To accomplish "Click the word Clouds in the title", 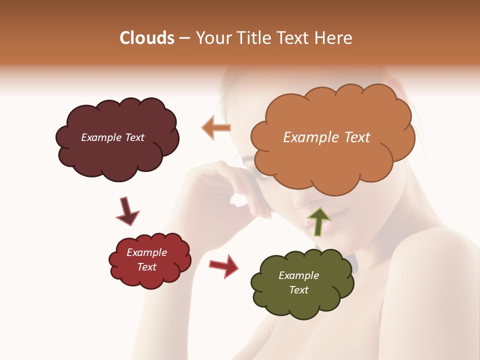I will pos(146,38).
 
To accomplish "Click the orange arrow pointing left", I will pos(216,128).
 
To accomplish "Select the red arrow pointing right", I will pos(223,265).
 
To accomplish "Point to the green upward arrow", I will pos(318,221).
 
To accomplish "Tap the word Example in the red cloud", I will pos(146,252).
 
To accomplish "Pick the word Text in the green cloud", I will pos(298,290).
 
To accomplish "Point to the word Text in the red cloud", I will pos(146,267).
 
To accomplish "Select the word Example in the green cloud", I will pos(298,275).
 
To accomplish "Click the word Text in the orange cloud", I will pos(357,137).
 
